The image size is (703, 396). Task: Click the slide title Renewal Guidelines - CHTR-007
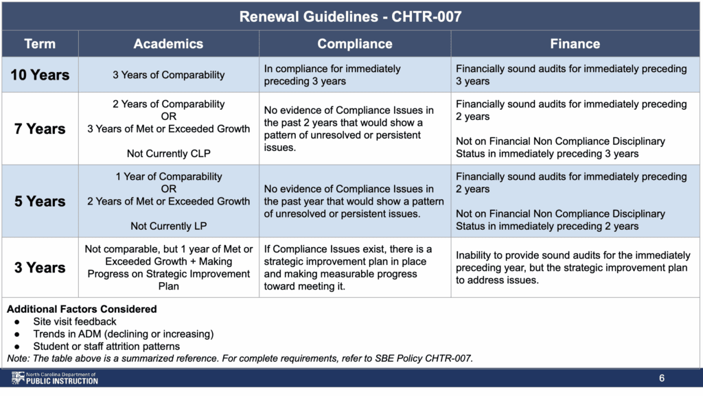[351, 16]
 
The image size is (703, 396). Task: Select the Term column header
[40, 44]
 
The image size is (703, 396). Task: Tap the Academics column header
[168, 44]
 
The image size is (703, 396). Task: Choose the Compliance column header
[354, 44]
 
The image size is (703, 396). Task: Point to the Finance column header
[575, 44]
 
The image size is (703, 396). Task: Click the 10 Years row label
[40, 75]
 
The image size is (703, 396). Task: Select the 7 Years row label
[40, 129]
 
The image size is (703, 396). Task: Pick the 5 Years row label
[40, 201]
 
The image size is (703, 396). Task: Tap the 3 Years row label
[40, 268]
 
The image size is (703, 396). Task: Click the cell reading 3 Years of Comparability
[168, 75]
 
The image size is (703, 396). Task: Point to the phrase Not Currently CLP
[168, 153]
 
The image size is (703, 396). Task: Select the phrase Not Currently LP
[168, 226]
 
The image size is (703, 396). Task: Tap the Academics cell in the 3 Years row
[168, 268]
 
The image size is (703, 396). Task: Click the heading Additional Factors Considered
[82, 309]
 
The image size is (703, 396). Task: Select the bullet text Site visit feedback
[75, 321]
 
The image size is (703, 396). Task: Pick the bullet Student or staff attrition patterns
[106, 346]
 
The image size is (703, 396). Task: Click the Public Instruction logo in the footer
[55, 378]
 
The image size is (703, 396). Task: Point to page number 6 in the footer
[661, 378]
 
